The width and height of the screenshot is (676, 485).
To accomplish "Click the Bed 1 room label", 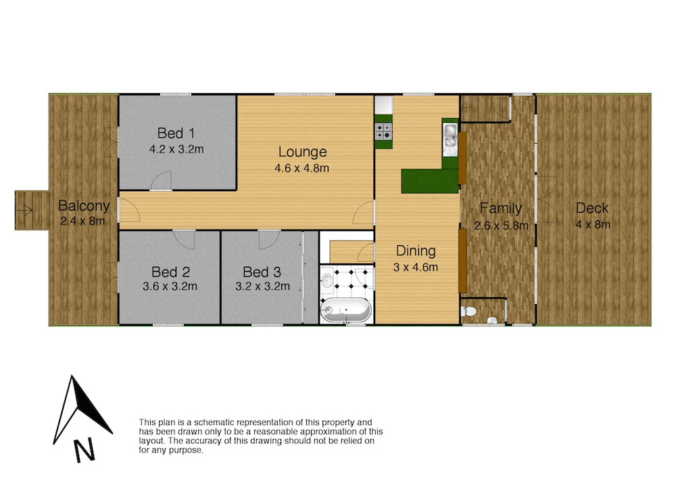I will (x=171, y=132).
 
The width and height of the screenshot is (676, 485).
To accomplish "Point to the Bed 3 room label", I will (x=262, y=272).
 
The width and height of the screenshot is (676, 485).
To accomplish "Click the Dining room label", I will (x=415, y=251).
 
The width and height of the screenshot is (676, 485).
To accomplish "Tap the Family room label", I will (x=500, y=209).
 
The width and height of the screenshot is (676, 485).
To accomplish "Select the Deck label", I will (x=592, y=209).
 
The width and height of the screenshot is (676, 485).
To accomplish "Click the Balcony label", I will (x=84, y=206).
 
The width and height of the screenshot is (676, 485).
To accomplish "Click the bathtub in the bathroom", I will (x=345, y=311).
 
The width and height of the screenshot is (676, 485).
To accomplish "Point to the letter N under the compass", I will (x=84, y=449).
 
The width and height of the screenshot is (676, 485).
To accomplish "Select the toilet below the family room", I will (x=468, y=311).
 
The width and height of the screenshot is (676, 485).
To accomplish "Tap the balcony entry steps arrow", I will (x=28, y=211).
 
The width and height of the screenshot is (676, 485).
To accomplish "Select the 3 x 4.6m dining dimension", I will (x=415, y=267).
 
